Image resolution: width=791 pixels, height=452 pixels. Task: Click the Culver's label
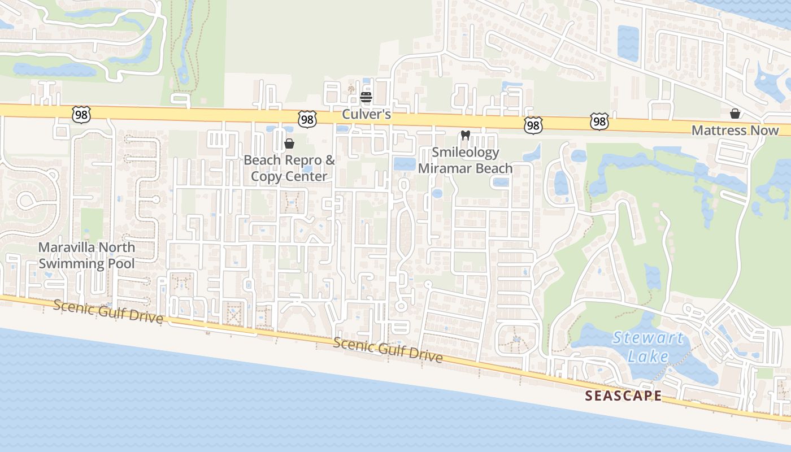366,115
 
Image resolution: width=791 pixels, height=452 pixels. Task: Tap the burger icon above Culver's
366,97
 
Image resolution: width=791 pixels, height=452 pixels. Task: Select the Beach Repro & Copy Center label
289,168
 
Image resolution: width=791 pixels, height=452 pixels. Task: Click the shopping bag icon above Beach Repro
289,144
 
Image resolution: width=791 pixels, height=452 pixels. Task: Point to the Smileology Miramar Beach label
465,160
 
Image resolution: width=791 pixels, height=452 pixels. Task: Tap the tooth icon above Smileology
466,135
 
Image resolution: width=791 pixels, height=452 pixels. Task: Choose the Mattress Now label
735,131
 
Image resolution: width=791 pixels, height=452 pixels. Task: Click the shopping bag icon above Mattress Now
735,114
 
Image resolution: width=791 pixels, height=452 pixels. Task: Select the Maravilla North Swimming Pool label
86,255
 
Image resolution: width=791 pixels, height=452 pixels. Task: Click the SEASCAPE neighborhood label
623,396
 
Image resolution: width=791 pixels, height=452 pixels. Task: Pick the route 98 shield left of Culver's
307,119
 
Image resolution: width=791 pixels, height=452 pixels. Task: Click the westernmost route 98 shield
81,114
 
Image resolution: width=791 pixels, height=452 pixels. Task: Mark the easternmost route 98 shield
599,121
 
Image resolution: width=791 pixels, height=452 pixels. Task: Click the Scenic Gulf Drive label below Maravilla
108,312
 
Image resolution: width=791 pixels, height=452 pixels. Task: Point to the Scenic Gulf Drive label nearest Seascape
387,350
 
